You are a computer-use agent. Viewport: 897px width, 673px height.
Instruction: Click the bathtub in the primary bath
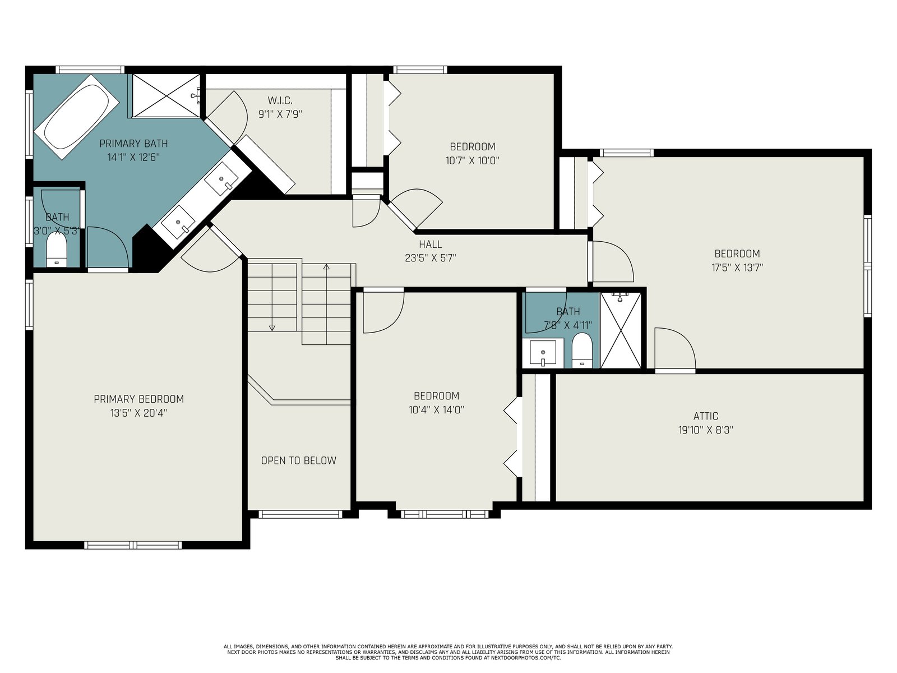[x=77, y=117]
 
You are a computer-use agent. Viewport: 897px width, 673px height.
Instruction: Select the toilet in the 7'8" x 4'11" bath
[x=582, y=350]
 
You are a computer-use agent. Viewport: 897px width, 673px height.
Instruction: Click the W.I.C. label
[x=280, y=100]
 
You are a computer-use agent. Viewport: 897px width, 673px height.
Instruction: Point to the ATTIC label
[x=706, y=416]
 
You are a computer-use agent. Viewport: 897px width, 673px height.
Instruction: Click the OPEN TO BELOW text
[x=299, y=460]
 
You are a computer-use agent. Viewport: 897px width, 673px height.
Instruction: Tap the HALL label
[x=431, y=245]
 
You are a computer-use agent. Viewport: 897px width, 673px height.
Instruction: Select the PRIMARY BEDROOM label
[x=139, y=399]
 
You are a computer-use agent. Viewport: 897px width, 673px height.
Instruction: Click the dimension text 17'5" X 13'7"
[x=737, y=268]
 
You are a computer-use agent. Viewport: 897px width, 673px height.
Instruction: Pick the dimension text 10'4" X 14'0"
[x=436, y=409]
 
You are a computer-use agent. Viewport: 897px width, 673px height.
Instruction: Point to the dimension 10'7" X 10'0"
[x=473, y=160]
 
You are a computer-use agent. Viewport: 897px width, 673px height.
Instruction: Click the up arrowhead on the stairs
[x=326, y=267]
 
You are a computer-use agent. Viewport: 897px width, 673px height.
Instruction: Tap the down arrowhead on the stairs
[x=272, y=328]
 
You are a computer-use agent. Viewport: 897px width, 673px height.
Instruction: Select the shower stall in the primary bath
[x=166, y=95]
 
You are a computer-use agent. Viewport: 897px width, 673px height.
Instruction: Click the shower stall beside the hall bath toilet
[x=621, y=330]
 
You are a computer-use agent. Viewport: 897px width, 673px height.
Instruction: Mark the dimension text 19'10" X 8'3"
[x=706, y=430]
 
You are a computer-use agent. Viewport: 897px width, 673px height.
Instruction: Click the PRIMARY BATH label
[x=133, y=144]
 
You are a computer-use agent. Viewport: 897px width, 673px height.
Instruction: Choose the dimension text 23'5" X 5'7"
[x=431, y=258]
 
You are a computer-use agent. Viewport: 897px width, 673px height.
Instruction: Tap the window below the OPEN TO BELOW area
[x=300, y=514]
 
